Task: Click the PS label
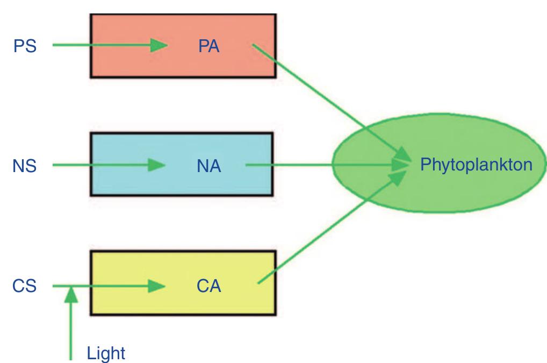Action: (25, 46)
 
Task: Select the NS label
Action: (25, 166)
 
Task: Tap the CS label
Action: (25, 286)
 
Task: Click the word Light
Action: (106, 353)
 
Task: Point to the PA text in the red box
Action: (209, 46)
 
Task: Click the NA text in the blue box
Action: (209, 167)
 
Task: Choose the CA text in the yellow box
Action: (209, 286)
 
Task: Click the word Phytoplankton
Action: (477, 164)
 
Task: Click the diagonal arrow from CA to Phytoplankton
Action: (328, 231)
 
